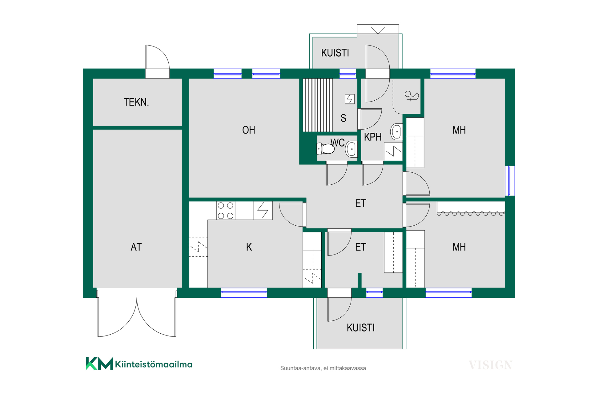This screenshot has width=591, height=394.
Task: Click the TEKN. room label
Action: click(136, 102)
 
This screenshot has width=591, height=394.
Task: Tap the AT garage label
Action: click(136, 247)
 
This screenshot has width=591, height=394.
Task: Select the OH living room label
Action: click(248, 130)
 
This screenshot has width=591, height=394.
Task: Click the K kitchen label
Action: click(249, 247)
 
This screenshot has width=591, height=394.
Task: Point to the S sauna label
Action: click(343, 118)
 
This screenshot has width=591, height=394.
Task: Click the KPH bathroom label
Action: click(373, 137)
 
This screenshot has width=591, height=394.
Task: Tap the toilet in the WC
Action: click(326, 149)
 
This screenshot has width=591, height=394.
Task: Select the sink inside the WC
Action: click(351, 149)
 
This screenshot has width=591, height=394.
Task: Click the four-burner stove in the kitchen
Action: click(226, 211)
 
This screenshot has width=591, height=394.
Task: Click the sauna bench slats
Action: click(318, 105)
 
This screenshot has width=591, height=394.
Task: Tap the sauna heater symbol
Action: click(349, 99)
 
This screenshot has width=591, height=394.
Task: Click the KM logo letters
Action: click(99, 364)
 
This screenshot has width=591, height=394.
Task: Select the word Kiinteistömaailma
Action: click(154, 364)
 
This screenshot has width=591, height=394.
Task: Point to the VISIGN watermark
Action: click(490, 365)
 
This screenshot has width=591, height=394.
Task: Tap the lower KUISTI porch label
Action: click(360, 328)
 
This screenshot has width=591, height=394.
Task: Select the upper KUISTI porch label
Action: click(335, 53)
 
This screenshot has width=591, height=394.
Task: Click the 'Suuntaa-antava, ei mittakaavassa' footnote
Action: click(323, 368)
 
